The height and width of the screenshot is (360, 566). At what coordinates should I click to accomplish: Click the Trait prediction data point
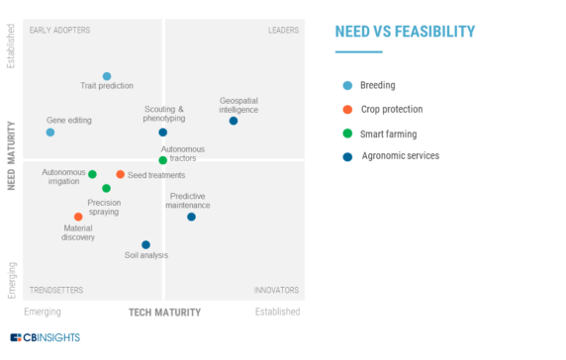107,76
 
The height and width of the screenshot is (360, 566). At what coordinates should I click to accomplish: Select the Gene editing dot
50,133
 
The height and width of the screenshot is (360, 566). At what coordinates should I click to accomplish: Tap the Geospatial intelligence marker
234,121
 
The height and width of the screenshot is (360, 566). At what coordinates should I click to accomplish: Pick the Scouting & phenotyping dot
163,133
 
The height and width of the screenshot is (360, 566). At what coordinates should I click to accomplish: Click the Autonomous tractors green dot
163,160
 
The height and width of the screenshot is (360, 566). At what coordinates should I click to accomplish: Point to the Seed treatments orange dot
121,174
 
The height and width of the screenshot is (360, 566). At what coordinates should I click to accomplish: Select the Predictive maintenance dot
192,217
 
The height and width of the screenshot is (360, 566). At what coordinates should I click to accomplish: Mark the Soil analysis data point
145,244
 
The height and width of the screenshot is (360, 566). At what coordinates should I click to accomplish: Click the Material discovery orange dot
78,217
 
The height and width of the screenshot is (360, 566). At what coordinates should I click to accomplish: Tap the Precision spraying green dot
107,188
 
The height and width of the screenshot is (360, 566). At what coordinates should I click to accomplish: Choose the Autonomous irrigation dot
93,174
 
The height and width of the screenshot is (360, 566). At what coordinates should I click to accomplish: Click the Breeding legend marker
346,85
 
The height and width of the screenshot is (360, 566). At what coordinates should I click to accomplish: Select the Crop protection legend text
393,109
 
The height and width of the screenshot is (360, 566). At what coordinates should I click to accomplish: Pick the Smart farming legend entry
389,133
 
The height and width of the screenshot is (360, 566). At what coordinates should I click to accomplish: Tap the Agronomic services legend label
400,155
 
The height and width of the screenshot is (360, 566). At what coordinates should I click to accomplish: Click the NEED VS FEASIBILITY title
405,33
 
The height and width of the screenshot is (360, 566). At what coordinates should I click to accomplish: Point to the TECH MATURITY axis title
164,313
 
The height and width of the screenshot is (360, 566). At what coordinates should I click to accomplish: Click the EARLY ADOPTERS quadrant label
59,30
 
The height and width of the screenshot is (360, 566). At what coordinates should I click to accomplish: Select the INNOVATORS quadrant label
276,290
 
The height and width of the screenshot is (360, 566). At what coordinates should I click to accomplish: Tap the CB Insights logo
46,337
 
